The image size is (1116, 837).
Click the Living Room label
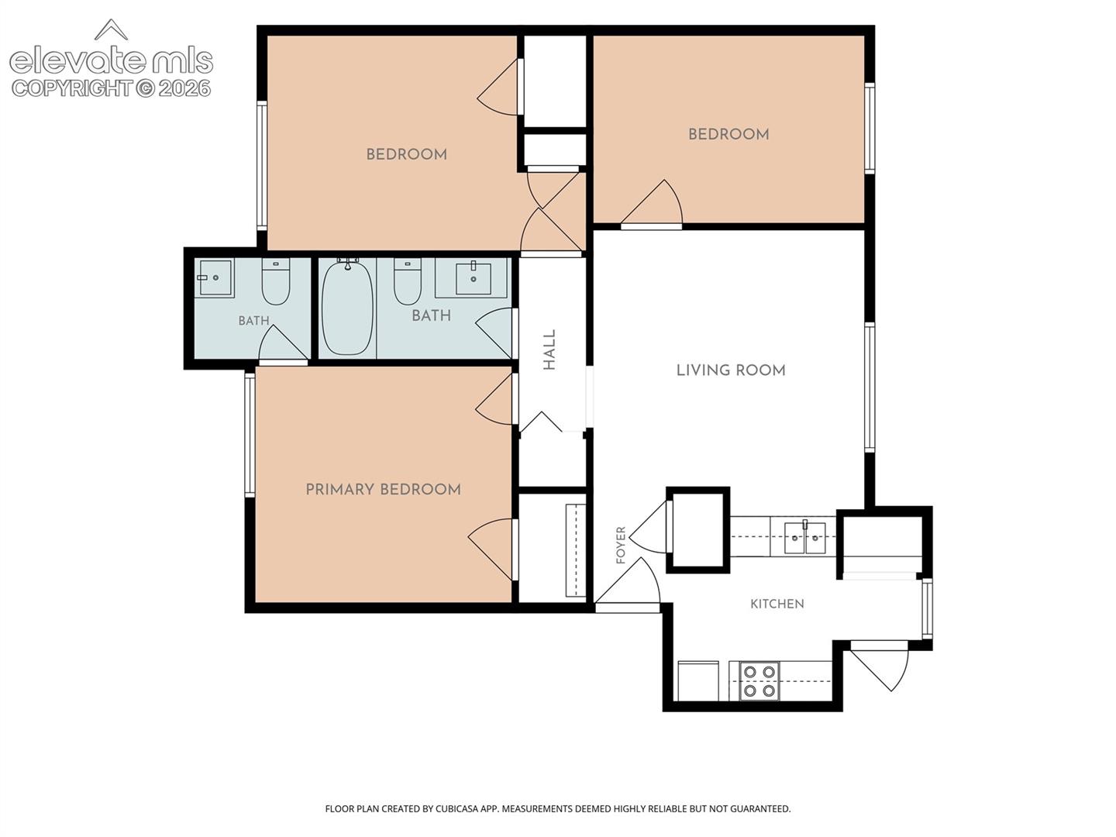[731, 370]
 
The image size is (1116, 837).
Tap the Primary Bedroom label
[383, 489]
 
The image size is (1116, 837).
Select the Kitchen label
[777, 604]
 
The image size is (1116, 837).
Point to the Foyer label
[620, 546]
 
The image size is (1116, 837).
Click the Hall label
[549, 350]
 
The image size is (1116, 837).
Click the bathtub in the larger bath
[348, 308]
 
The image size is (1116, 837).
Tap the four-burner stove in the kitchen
[759, 681]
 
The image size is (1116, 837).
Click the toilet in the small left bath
[276, 281]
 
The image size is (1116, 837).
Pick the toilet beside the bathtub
[407, 281]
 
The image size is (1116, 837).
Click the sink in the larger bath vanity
[473, 279]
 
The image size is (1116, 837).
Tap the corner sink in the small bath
[215, 277]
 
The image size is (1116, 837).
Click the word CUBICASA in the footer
[457, 808]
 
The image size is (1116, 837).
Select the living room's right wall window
[870, 387]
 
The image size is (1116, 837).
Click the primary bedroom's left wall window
[250, 435]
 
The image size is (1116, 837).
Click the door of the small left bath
[283, 344]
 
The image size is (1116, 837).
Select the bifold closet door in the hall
[541, 422]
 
